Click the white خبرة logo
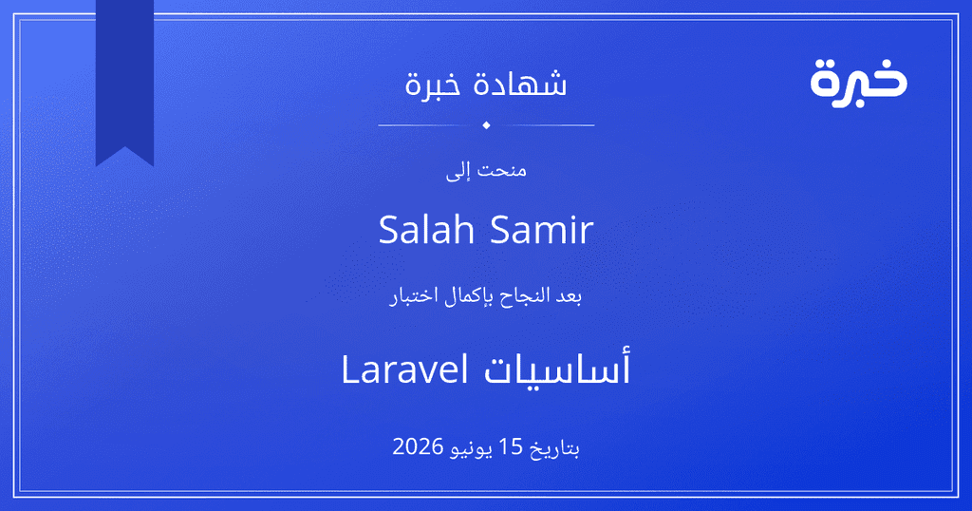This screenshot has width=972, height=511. (x=858, y=83)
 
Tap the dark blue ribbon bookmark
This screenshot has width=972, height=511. (x=124, y=81)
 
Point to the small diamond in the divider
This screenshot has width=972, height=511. (x=486, y=125)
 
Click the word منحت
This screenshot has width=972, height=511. (x=501, y=171)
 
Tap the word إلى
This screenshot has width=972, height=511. (x=458, y=171)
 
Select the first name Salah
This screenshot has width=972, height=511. (x=426, y=230)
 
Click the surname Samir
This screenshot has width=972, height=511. (x=542, y=230)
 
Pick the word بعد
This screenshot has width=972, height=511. (x=568, y=296)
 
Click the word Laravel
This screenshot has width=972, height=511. (x=404, y=369)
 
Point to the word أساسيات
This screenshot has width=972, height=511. (x=557, y=369)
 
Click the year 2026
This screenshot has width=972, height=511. (x=418, y=446)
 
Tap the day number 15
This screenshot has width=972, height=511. (x=512, y=446)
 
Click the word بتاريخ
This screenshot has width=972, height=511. (x=554, y=447)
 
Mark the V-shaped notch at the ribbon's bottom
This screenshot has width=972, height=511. (x=124, y=147)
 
